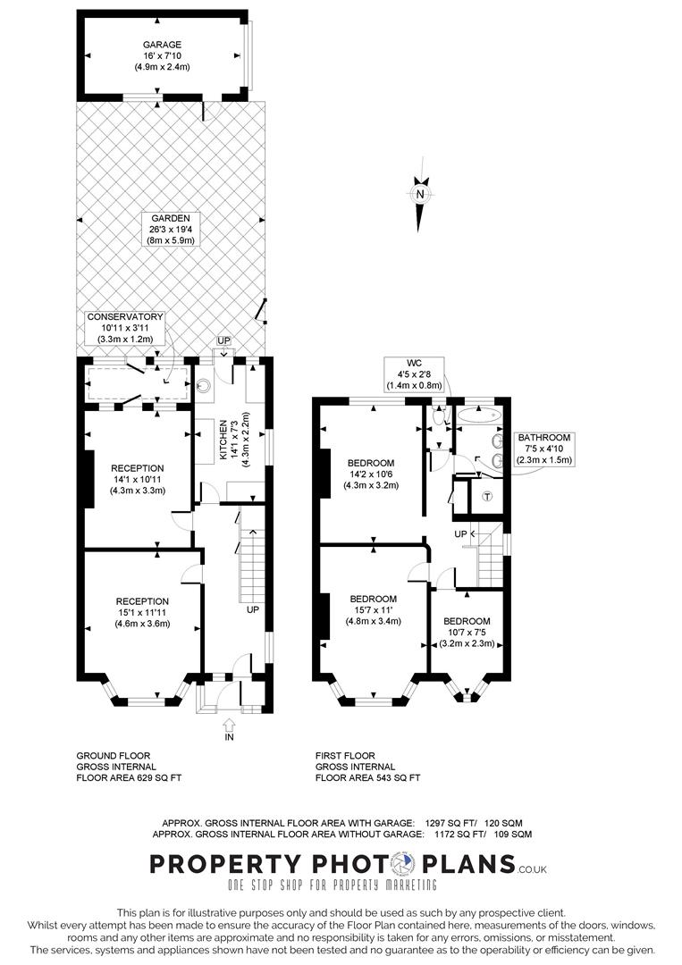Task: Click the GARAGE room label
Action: (x=162, y=55)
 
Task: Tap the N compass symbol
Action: (x=420, y=194)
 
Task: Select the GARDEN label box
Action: (x=171, y=229)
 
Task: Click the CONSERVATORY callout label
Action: (x=125, y=327)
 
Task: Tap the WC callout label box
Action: (x=414, y=374)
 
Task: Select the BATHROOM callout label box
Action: (x=543, y=449)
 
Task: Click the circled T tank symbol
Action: (x=487, y=496)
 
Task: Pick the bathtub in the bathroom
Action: (x=477, y=415)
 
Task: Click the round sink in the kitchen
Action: (x=205, y=387)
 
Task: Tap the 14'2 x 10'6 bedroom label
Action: (x=371, y=474)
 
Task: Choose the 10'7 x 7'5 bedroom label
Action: (x=467, y=632)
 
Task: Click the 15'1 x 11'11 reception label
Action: (x=142, y=612)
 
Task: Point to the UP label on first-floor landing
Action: (x=460, y=534)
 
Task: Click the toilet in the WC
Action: (x=438, y=416)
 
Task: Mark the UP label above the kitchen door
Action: (x=223, y=340)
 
